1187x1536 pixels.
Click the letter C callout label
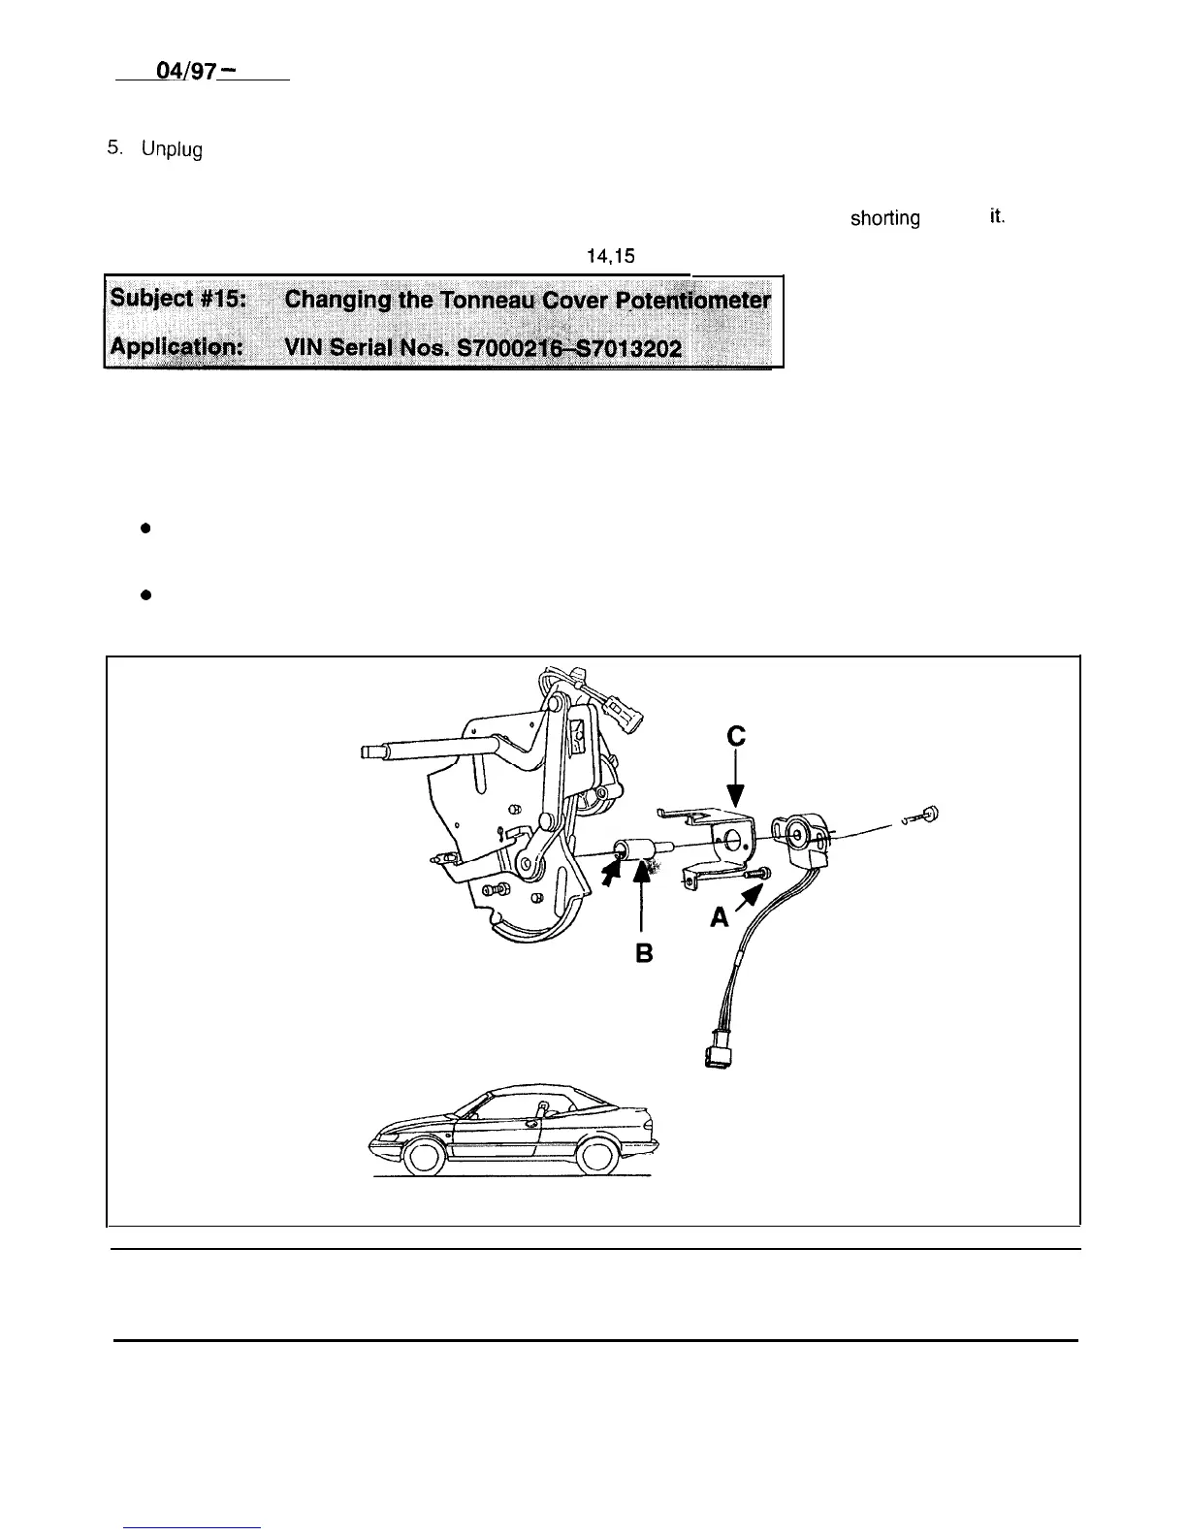[736, 738]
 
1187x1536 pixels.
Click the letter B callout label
[642, 953]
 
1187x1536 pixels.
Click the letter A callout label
[719, 916]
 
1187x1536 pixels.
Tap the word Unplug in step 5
[172, 151]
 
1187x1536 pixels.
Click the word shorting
[884, 219]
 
